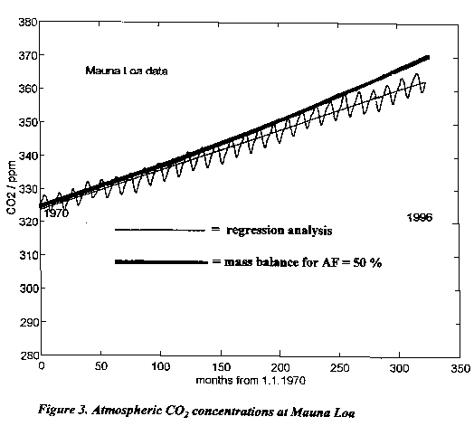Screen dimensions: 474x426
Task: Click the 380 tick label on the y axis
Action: pyautogui.click(x=28, y=22)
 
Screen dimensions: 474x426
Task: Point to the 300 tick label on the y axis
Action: pyautogui.click(x=29, y=289)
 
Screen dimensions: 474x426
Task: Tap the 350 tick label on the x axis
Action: pyautogui.click(x=460, y=368)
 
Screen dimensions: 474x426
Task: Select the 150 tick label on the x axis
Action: pyautogui.click(x=221, y=367)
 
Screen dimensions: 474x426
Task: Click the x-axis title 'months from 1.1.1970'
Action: pyautogui.click(x=251, y=381)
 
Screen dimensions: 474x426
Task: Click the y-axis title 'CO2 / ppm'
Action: pyautogui.click(x=12, y=187)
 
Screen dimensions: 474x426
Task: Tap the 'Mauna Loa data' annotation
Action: pyautogui.click(x=127, y=71)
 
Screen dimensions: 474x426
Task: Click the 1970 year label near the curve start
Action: pyautogui.click(x=56, y=213)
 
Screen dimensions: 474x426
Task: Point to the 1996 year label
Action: pyautogui.click(x=420, y=218)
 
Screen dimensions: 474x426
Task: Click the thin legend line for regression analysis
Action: pyautogui.click(x=159, y=230)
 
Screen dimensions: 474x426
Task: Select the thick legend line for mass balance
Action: pyautogui.click(x=161, y=261)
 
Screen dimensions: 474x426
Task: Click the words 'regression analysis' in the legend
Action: pyautogui.click(x=280, y=231)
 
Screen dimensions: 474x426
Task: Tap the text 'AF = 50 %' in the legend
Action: pyautogui.click(x=352, y=262)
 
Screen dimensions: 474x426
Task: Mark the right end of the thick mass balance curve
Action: pyautogui.click(x=428, y=58)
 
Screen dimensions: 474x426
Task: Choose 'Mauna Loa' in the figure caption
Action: pyautogui.click(x=323, y=412)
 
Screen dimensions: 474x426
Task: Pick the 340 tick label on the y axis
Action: pyautogui.click(x=28, y=156)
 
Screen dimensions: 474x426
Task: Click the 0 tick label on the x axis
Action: pyautogui.click(x=42, y=366)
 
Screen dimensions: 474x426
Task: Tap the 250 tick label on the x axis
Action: pyautogui.click(x=340, y=367)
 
